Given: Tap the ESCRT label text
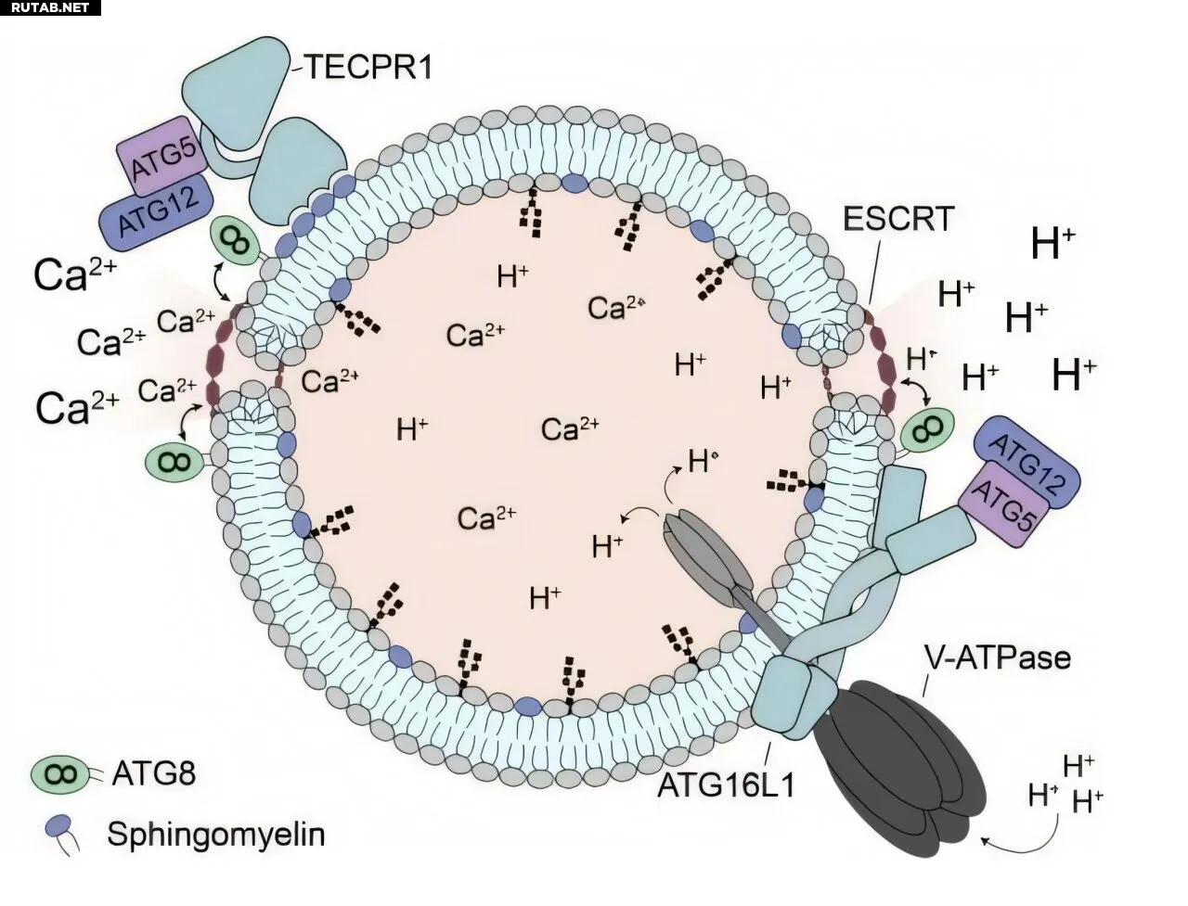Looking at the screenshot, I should (x=898, y=220).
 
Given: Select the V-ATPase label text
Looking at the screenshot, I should (x=998, y=657).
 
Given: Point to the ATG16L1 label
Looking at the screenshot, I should (x=727, y=785).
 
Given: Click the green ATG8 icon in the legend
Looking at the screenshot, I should (x=58, y=773).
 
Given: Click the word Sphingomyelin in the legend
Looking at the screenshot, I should (x=216, y=834).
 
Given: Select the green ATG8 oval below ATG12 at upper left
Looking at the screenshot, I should (x=237, y=243).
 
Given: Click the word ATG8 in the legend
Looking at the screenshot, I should (x=153, y=773).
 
